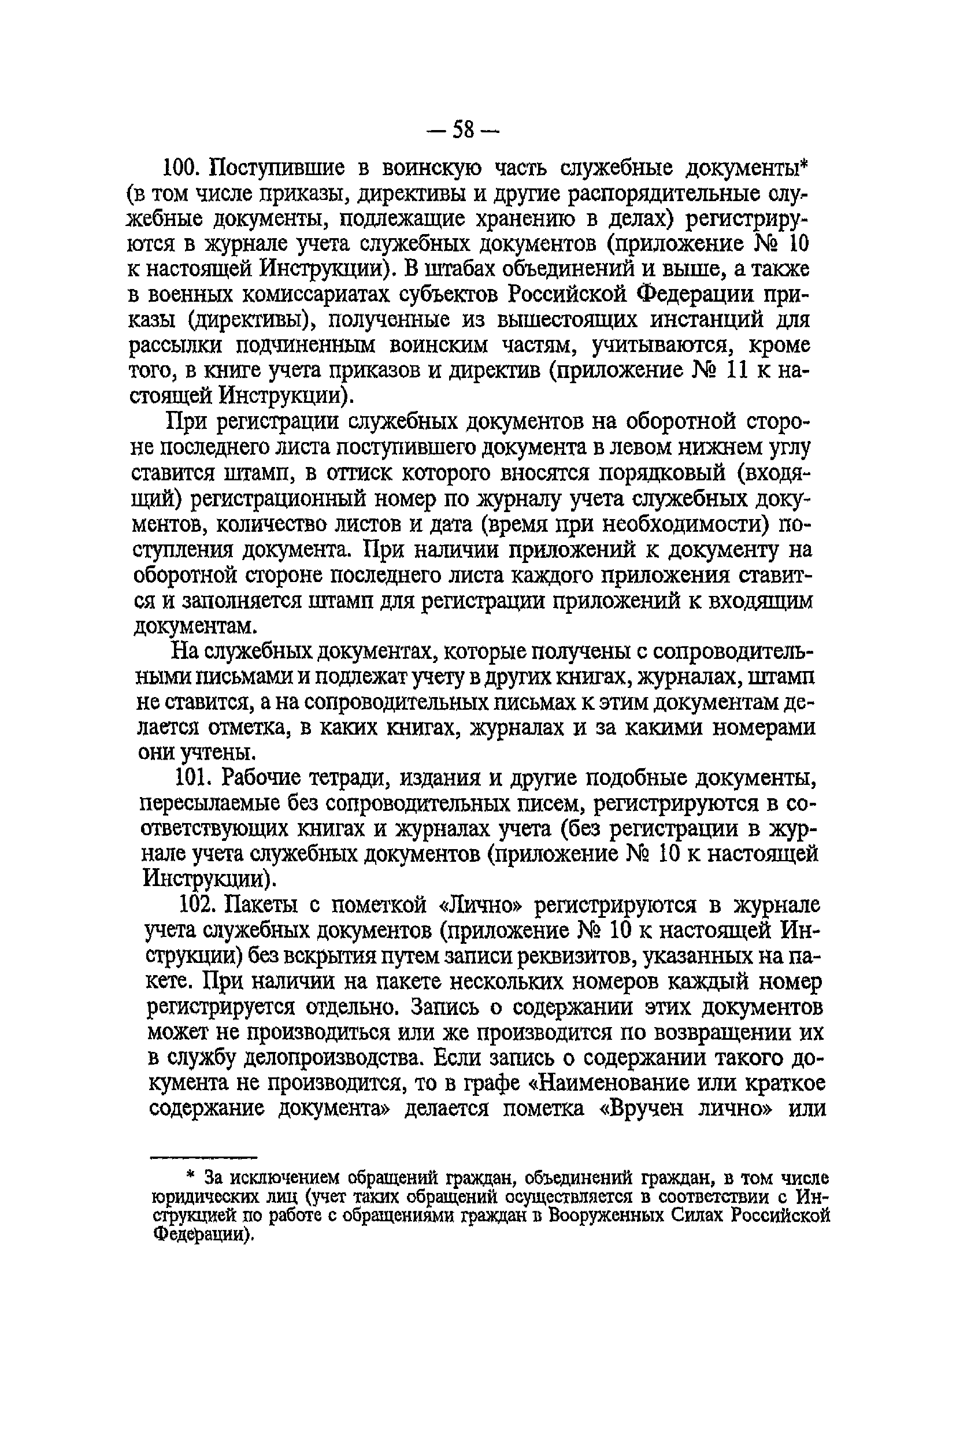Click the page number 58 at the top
pos(464,129)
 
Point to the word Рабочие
pos(262,778)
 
